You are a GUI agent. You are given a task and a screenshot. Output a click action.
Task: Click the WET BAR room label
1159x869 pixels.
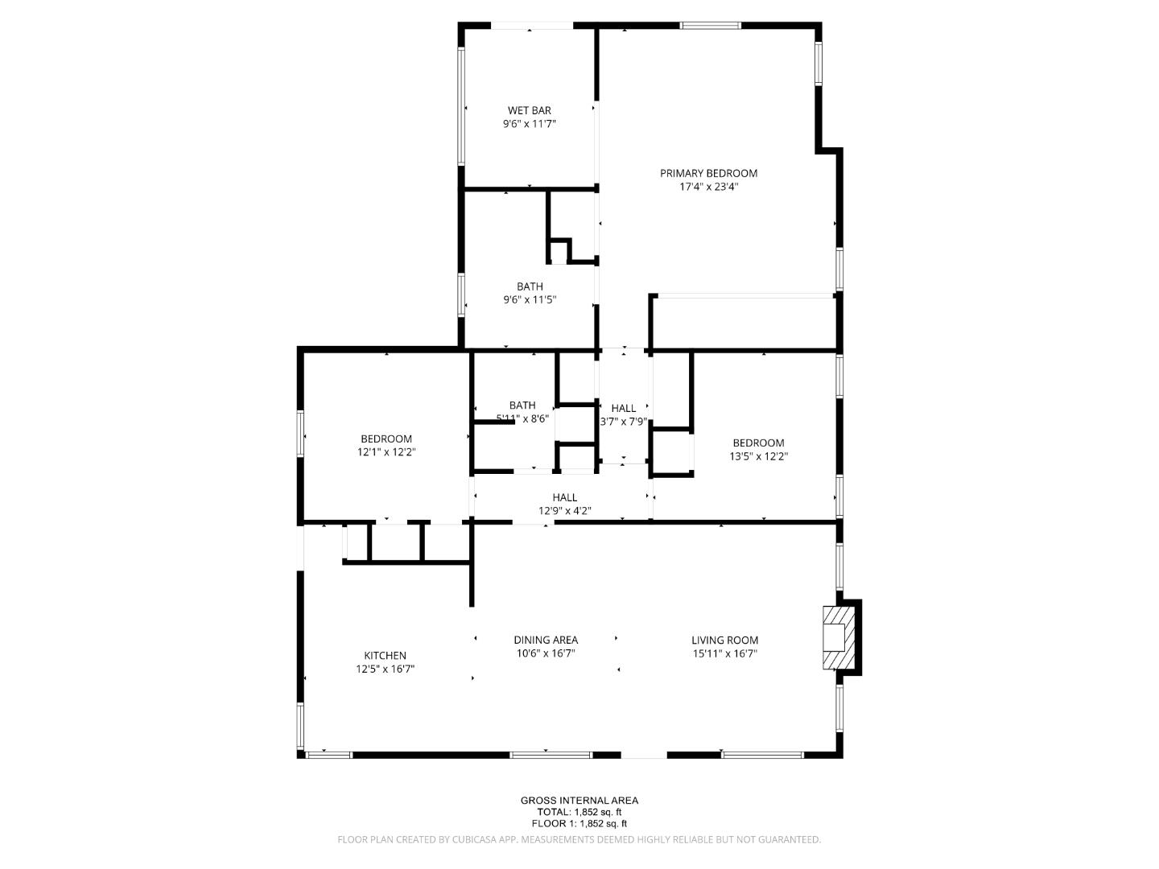coord(529,110)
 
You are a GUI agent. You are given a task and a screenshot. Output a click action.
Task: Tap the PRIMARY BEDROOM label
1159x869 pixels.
coord(708,173)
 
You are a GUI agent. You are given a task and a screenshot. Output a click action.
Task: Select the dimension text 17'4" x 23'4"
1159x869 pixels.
coord(708,187)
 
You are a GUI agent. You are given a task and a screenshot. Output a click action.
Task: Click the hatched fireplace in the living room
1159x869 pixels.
coord(838,637)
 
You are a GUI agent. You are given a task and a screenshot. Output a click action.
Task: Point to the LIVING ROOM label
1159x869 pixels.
coord(724,640)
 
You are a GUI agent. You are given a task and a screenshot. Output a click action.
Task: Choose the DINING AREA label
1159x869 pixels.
coord(546,640)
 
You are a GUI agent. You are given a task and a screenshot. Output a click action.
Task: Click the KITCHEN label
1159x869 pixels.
coord(385,656)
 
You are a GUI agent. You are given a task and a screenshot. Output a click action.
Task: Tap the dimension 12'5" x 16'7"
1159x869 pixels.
coord(385,669)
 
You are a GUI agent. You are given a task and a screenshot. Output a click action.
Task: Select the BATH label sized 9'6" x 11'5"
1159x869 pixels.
coord(530,286)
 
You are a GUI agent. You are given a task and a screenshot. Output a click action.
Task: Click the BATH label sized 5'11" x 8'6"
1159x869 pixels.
coord(522,406)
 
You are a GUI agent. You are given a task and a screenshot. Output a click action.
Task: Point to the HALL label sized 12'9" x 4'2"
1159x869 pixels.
coord(564,497)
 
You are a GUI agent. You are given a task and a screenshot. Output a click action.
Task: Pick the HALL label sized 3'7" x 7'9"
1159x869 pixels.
coord(623,408)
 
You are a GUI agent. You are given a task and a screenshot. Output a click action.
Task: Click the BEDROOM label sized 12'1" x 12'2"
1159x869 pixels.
coord(386,439)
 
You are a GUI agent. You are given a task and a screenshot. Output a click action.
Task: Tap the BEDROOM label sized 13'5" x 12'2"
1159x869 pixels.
coord(758,443)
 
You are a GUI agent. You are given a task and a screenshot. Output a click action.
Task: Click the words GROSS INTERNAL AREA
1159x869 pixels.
coord(579,800)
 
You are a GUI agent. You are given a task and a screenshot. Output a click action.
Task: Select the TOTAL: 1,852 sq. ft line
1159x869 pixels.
coord(579,812)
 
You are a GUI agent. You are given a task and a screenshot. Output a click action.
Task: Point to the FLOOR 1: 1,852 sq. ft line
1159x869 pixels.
coord(579,823)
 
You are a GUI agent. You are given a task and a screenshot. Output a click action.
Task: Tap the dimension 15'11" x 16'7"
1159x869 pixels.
coord(724,653)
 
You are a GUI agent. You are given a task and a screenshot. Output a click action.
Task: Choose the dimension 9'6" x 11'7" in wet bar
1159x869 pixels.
coord(529,124)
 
